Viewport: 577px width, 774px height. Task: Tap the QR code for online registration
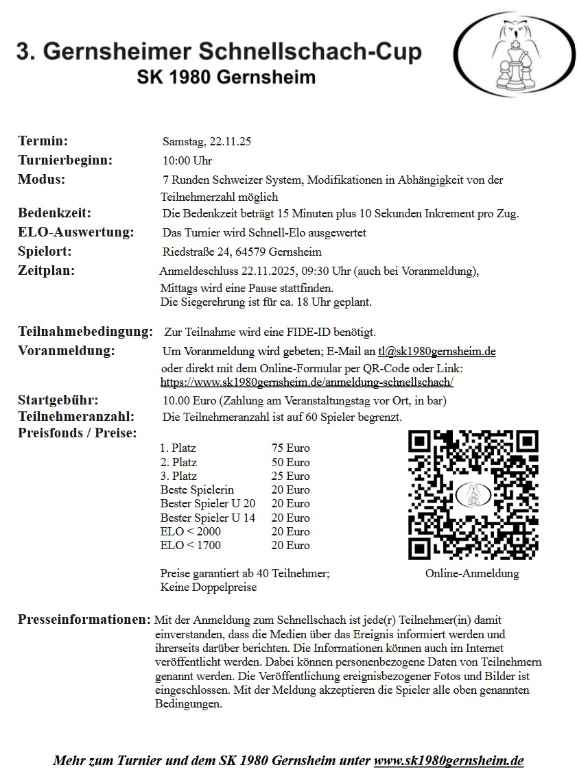tap(473, 494)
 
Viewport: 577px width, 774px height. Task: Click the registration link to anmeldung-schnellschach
tap(307, 382)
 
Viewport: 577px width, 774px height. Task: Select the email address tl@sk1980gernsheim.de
tap(436, 352)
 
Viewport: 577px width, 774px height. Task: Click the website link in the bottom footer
tap(449, 761)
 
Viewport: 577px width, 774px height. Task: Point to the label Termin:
tap(43, 141)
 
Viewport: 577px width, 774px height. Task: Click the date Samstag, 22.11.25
tap(207, 142)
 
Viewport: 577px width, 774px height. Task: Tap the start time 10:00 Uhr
tap(187, 161)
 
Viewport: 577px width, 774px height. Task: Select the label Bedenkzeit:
tap(54, 213)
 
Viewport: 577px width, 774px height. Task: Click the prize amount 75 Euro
tap(290, 448)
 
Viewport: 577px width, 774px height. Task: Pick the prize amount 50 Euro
tap(290, 462)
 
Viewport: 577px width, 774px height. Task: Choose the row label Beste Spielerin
tap(197, 489)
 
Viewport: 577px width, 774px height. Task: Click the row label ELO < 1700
tap(191, 546)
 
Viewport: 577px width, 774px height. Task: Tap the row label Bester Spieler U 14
tap(208, 518)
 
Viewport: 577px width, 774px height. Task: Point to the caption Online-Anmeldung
tap(472, 573)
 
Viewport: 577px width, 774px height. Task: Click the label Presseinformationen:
tap(84, 620)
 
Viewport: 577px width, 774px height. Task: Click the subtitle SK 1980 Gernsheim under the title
tap(226, 76)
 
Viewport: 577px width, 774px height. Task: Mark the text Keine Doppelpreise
tap(209, 588)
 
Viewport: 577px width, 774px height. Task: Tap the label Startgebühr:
tap(58, 400)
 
